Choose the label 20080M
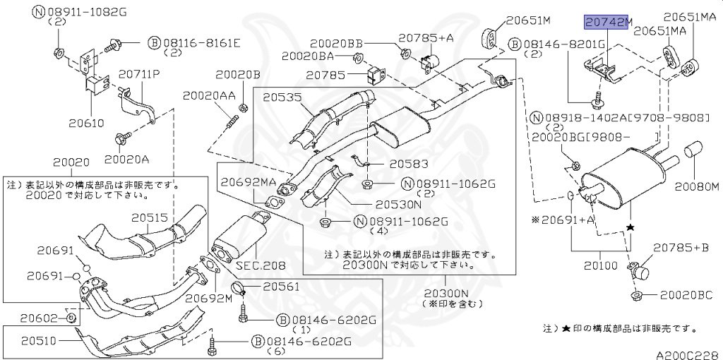click(x=695, y=188)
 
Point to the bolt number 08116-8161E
click(x=200, y=43)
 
